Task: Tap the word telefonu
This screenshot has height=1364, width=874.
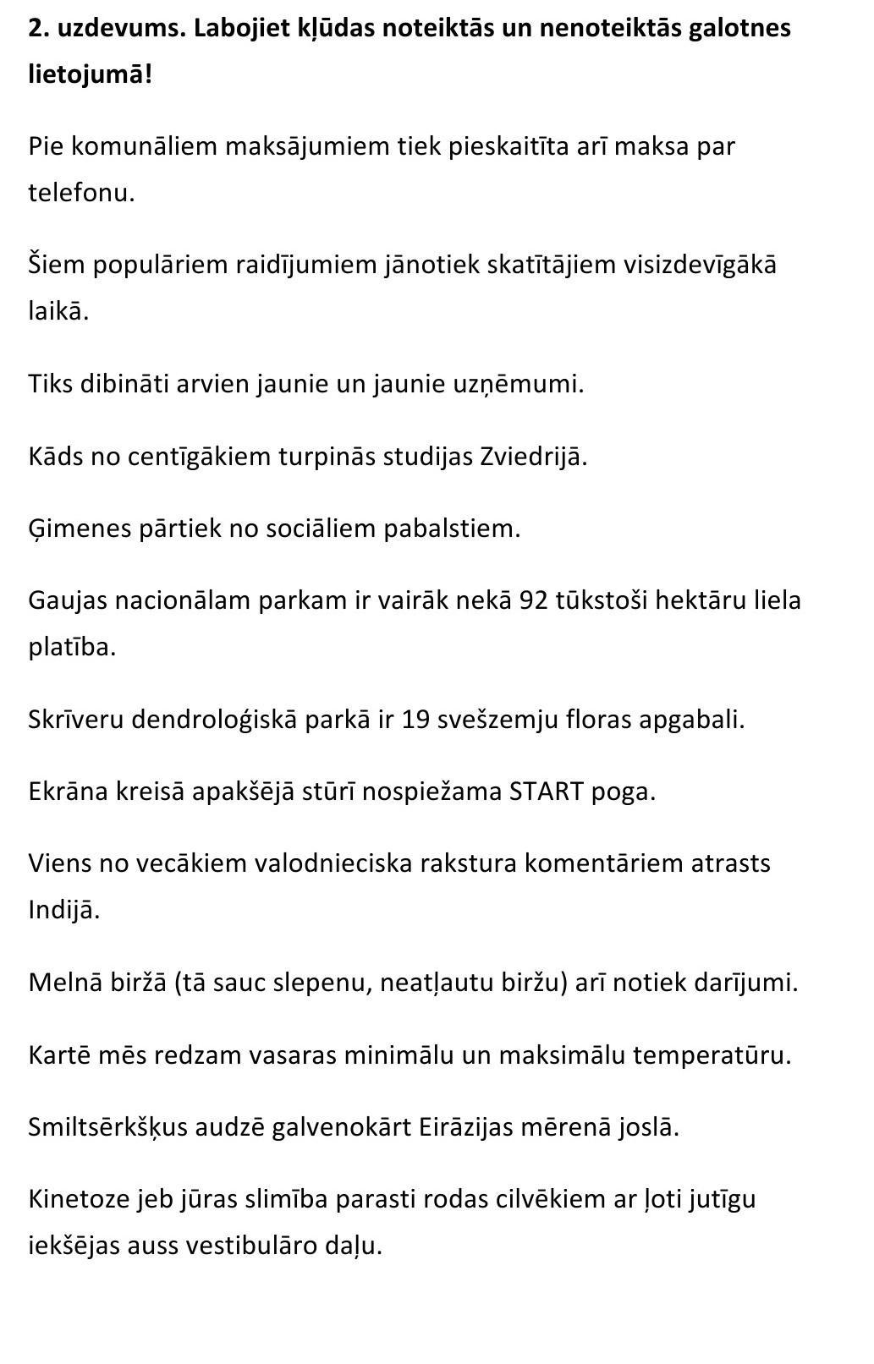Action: click(x=80, y=193)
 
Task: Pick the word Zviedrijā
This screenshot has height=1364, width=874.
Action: click(x=533, y=457)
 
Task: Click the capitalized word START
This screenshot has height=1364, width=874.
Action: click(x=547, y=792)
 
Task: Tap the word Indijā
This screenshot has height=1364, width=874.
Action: click(x=63, y=910)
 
